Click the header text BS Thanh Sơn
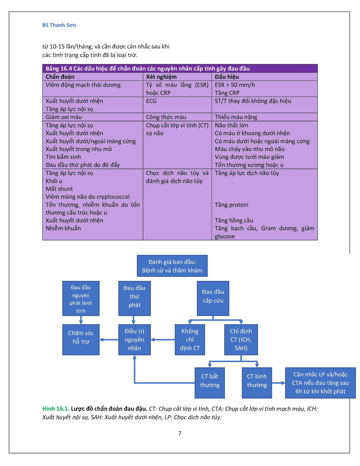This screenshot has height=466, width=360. pos(59,25)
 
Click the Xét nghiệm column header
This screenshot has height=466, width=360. pos(161,77)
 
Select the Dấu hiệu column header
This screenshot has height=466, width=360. pos(227,77)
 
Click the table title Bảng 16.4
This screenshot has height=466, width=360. pos(148,69)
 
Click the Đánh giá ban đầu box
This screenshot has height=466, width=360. pos(172,266)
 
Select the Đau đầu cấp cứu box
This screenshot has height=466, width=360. pos(213,298)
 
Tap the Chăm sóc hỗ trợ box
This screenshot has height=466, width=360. pos(81,340)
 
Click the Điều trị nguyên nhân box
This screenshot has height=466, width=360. pos(134,340)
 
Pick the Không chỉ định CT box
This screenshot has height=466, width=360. pos(190,340)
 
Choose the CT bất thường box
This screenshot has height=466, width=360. pos(210,383)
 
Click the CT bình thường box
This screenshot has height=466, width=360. pos(257,383)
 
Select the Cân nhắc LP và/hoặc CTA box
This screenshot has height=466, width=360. pos(320,383)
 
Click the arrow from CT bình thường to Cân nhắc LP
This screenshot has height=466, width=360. pos(278,383)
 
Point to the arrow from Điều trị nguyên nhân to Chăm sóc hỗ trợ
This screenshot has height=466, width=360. pos(109,340)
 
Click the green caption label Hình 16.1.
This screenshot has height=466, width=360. pos(56,409)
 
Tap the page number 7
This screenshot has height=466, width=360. pos(180,433)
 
